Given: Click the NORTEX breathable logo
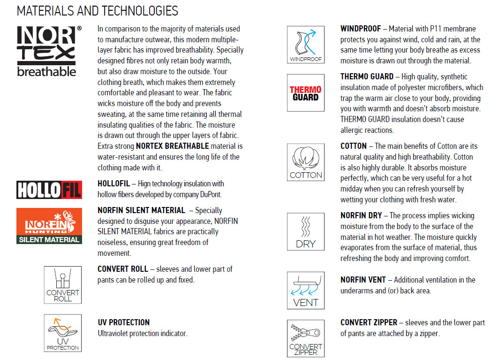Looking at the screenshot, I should (49, 51).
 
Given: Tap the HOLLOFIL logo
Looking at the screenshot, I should (49, 189).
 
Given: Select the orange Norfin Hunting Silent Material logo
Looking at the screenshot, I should (49, 226).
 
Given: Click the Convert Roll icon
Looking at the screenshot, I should (62, 285).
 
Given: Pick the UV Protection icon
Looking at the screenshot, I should (62, 333).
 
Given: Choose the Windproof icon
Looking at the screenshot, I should (305, 45).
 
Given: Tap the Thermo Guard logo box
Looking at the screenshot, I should (305, 93).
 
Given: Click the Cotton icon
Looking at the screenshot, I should (305, 162).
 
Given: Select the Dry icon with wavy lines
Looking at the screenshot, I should (305, 231).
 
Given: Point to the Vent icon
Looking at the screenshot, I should (305, 291).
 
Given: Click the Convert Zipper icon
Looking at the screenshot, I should (305, 338).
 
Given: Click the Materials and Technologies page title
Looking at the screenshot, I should (97, 11).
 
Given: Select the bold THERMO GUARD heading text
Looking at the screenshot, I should (367, 77).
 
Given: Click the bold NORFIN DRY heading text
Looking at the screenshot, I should (361, 216).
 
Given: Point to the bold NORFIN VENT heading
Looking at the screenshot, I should (363, 280).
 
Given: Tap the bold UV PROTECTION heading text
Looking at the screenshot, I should (124, 322).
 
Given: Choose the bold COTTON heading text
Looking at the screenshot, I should (354, 146).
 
